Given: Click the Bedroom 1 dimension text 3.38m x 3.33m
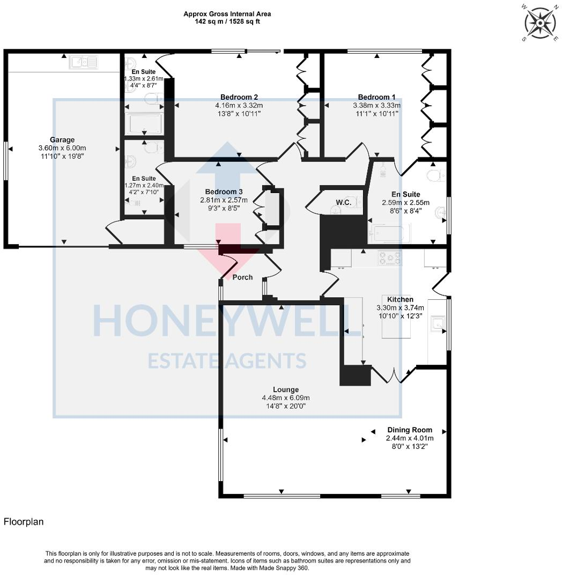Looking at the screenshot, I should tap(376, 106).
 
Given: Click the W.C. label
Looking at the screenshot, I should tap(343, 202).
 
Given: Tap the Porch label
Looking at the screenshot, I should tap(242, 277).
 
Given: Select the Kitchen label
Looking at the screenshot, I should tap(400, 299).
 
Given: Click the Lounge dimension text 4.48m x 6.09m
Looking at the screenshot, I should tap(285, 398).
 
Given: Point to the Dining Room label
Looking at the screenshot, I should tap(410, 430).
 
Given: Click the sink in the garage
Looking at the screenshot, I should tap(83, 63).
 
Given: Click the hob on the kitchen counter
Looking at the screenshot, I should tap(390, 259).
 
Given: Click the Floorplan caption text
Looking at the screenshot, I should tap(24, 521).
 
